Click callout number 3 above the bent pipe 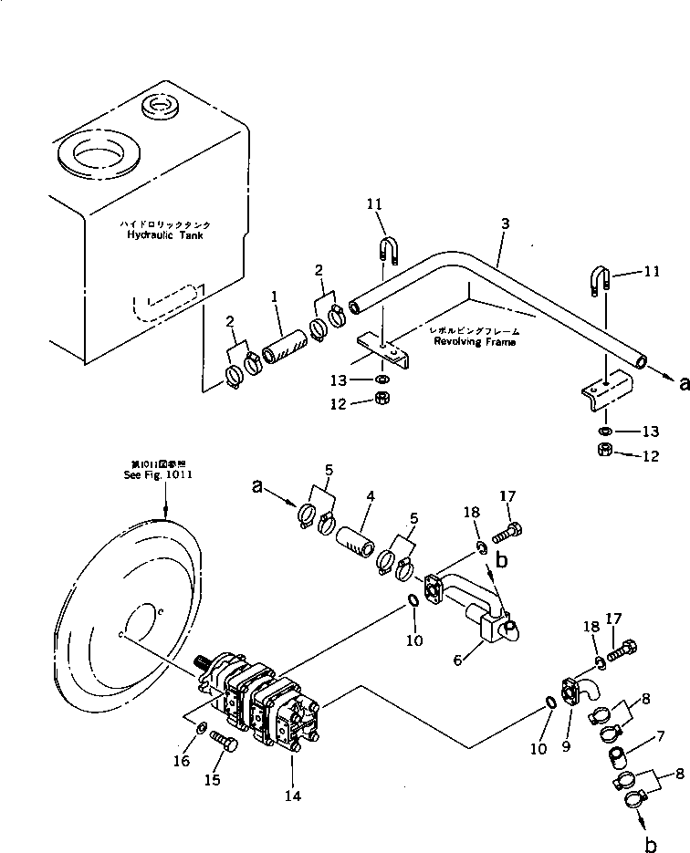coord(505,223)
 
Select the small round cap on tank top coord(162,109)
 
